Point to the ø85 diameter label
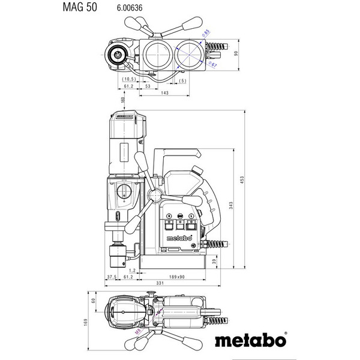[x=205, y=34]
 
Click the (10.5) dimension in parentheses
[x=127, y=79]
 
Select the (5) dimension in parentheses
[x=182, y=80]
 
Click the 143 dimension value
[x=164, y=93]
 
